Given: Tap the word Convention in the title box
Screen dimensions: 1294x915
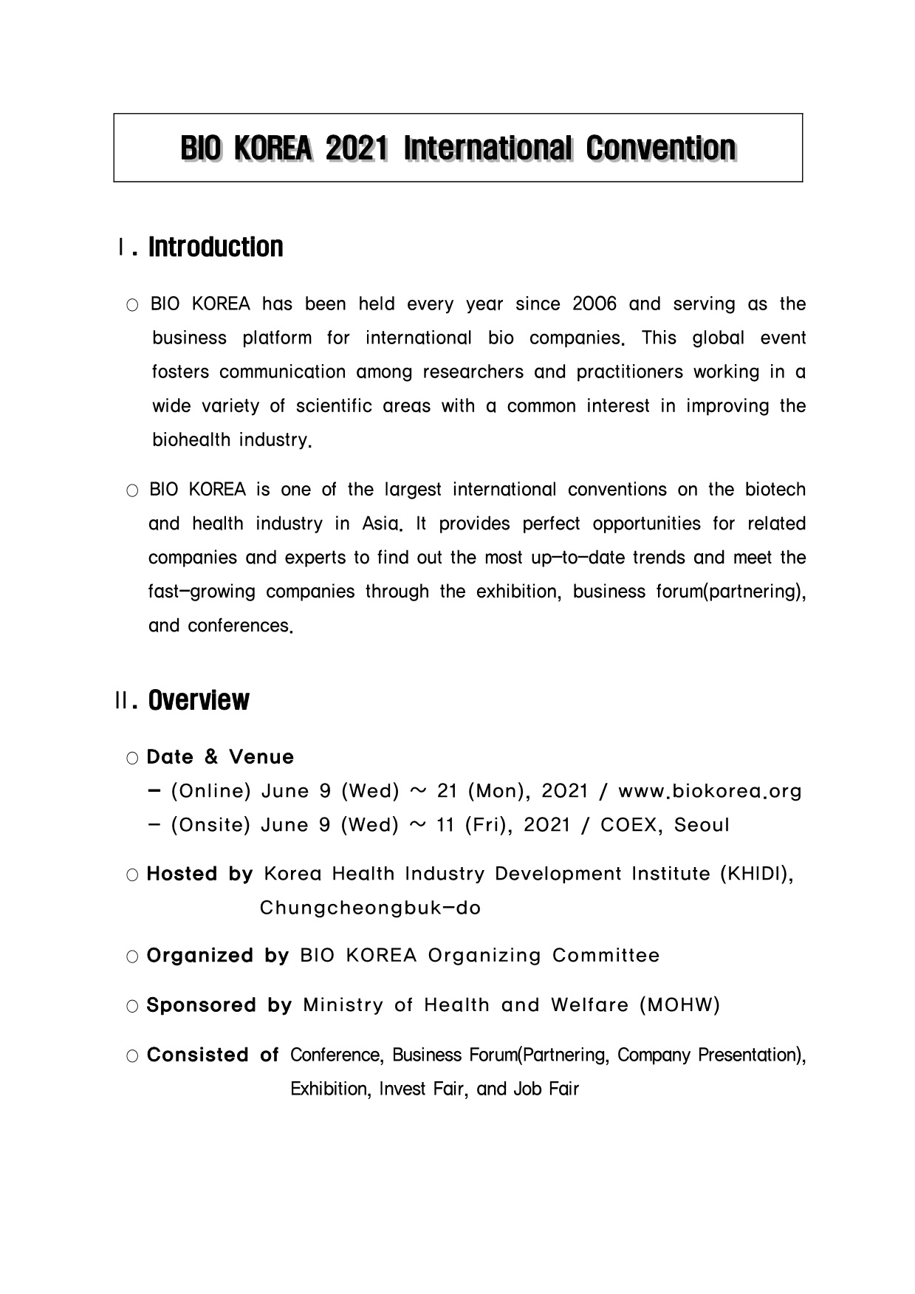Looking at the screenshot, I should (x=660, y=149).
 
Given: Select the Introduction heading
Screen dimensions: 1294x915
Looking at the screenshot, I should (x=216, y=247).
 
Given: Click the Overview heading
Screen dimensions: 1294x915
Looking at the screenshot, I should (x=199, y=700).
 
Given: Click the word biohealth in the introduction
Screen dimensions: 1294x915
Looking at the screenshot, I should (x=190, y=440).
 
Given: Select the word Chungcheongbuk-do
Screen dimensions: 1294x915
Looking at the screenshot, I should (x=370, y=908).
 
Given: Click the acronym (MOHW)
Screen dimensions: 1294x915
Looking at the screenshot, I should (x=679, y=1006).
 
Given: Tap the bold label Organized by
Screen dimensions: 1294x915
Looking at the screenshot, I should (x=218, y=956).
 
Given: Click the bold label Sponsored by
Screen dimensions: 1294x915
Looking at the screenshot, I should (x=219, y=1006).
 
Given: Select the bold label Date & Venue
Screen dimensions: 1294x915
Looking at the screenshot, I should (x=220, y=758).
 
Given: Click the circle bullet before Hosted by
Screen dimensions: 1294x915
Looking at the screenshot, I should (x=132, y=876).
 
